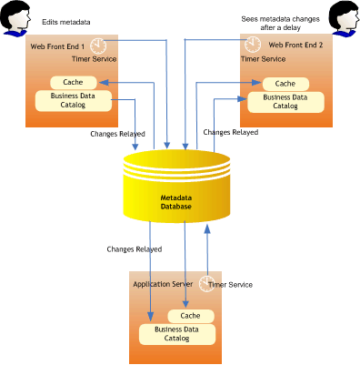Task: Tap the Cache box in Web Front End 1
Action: [x=74, y=82]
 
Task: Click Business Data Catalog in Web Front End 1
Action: [x=74, y=100]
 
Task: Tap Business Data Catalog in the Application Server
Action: [x=177, y=334]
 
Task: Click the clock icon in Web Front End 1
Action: [x=99, y=45]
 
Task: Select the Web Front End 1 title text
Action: [x=56, y=45]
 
